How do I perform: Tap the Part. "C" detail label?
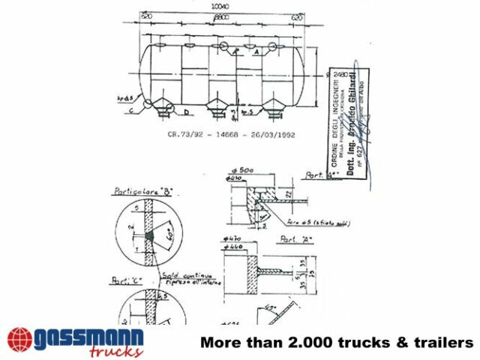click(124, 282)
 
